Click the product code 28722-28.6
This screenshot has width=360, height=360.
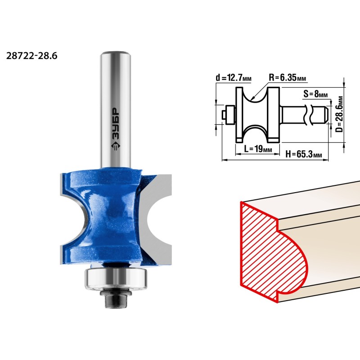pyautogui.click(x=31, y=56)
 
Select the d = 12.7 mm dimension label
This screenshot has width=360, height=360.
pyautogui.click(x=234, y=78)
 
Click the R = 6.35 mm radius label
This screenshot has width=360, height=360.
pyautogui.click(x=288, y=77)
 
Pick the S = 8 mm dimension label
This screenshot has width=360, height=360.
pyautogui.click(x=315, y=94)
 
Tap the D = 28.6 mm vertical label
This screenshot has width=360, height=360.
pyautogui.click(x=339, y=114)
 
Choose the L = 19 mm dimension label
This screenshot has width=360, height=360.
pyautogui.click(x=258, y=149)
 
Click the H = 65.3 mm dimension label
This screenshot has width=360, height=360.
pyautogui.click(x=303, y=154)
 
